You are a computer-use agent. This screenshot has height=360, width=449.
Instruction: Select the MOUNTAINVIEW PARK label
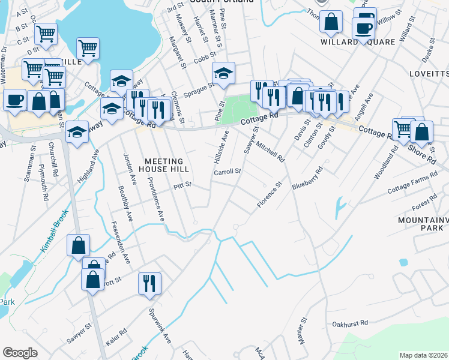coord(423,224)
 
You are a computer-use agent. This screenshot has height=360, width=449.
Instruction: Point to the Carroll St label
coord(228,172)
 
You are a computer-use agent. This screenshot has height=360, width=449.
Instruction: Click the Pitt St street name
coord(181,185)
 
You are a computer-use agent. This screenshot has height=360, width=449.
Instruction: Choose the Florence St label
coord(270,196)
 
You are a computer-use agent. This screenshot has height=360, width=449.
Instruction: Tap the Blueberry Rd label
coord(308,178)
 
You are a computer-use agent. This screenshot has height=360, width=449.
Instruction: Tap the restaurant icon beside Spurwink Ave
coord(149,283)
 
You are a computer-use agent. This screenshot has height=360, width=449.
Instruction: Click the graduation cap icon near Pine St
coord(223,74)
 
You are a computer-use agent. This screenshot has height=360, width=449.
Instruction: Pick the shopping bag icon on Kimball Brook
coord(79,245)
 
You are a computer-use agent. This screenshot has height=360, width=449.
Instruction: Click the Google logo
coord(20,353)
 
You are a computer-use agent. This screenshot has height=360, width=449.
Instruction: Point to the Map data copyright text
coord(423,355)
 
